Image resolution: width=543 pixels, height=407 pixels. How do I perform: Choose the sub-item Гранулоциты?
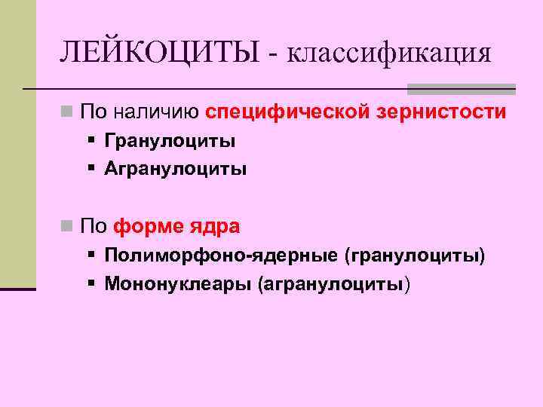(x=170, y=141)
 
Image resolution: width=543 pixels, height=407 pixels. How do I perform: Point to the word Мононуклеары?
(x=177, y=284)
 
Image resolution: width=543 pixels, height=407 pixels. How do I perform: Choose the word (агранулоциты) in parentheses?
(x=335, y=284)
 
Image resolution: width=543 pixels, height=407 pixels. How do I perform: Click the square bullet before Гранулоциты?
(x=90, y=141)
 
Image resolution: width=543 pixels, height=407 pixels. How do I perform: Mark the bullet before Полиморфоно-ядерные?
(x=90, y=256)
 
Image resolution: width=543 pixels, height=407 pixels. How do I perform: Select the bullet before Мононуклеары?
(x=90, y=284)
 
